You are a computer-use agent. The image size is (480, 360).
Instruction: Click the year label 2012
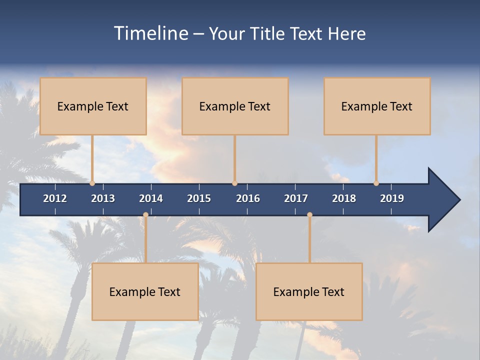coord(55,198)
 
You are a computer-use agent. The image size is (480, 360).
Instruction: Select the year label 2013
coord(103,198)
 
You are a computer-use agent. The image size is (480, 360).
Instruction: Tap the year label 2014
coord(151,198)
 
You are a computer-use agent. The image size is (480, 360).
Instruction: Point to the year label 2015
coord(199,198)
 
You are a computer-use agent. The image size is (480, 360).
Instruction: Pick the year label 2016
coord(248,198)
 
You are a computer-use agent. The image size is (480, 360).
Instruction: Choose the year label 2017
coord(296,198)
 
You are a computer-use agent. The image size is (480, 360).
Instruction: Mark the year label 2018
coord(344,198)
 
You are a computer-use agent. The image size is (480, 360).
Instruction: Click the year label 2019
coord(392,198)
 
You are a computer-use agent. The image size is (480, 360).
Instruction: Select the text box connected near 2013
coord(93,106)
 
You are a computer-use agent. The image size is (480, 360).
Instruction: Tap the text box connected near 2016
coord(235,106)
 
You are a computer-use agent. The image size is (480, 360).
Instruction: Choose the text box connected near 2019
coord(377,106)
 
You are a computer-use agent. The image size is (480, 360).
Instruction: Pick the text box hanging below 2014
coord(145,291)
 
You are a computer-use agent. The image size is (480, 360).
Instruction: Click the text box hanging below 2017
coord(309,291)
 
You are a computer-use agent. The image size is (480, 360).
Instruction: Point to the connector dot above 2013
coord(92,183)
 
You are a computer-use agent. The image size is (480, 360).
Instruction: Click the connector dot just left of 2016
coord(234,183)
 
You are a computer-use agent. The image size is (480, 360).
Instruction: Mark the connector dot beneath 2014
coord(145,215)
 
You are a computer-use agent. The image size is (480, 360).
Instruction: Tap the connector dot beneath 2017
coord(309,215)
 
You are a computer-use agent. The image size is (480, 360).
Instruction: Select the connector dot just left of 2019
coord(376,183)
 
